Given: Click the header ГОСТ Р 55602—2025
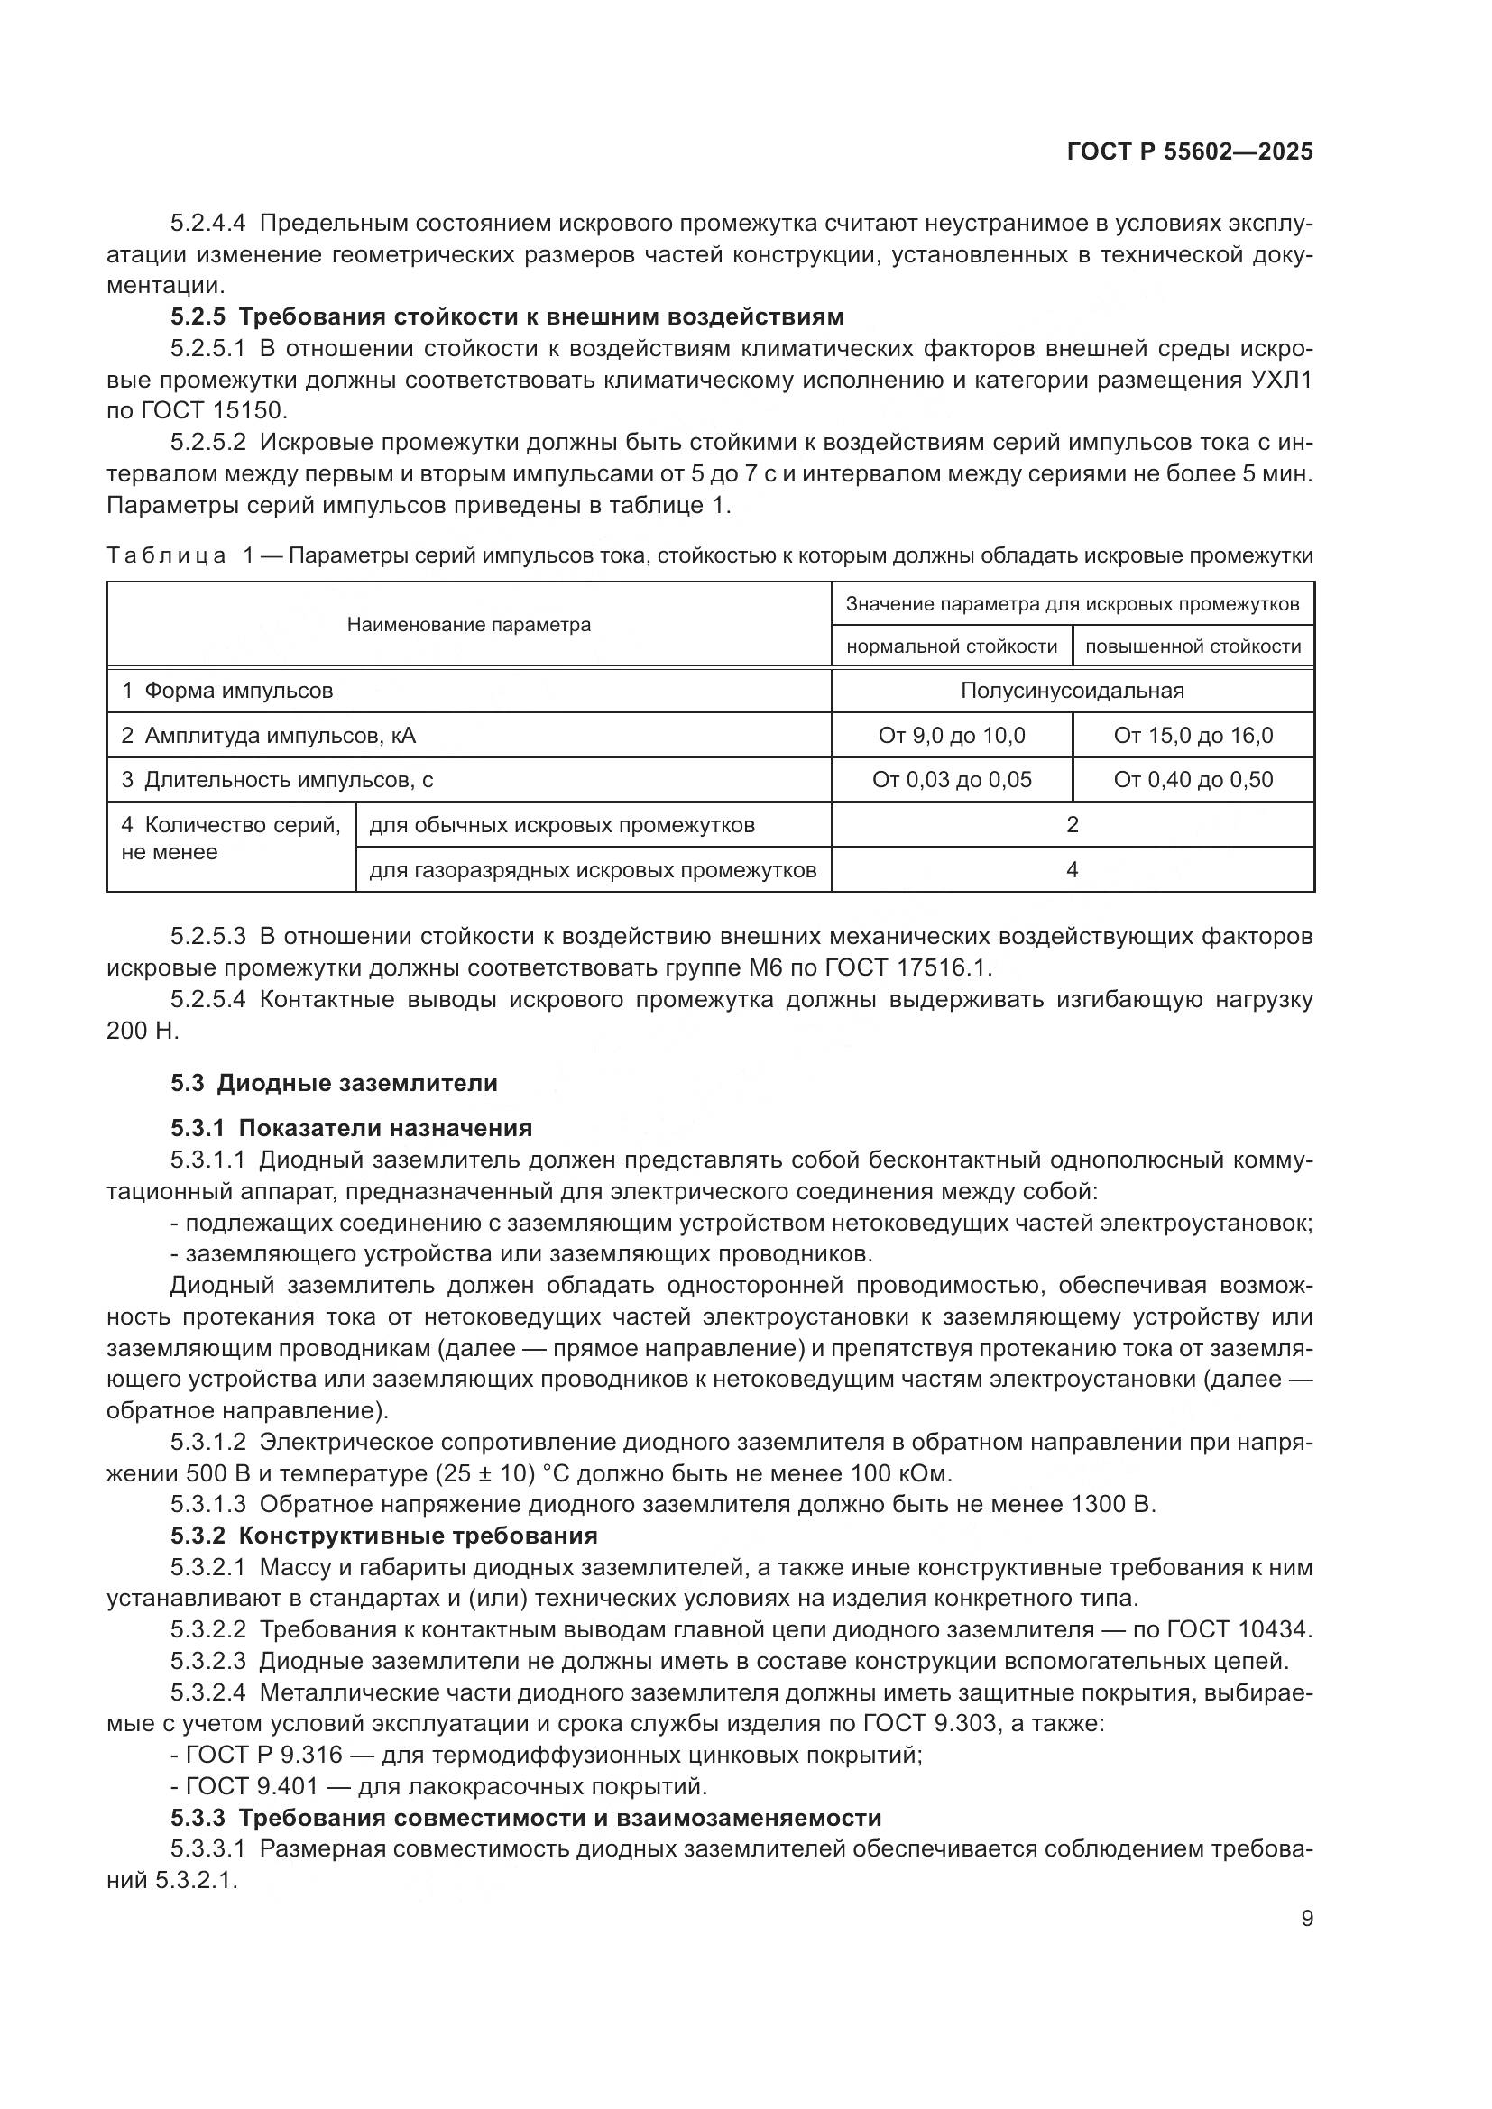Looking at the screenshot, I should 1189,152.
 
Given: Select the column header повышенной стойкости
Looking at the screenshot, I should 1193,646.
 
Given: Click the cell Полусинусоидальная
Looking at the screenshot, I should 1072,691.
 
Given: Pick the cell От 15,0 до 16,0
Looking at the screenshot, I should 1193,736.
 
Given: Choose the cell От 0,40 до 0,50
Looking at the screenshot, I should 1193,781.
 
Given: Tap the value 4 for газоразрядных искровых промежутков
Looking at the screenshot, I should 1072,870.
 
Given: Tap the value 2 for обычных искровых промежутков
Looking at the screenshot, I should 1072,825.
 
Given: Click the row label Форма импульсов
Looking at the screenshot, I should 238,691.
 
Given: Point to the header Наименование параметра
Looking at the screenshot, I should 468,626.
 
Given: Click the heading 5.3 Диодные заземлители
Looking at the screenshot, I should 334,1083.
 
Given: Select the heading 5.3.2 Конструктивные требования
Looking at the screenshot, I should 383,1536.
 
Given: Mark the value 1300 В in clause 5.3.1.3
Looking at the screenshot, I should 1111,1505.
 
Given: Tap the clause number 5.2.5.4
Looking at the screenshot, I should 207,999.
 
